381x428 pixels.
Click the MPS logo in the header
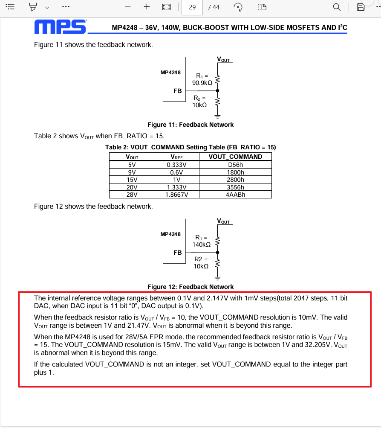tap(60, 26)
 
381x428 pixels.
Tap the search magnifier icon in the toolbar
tap(337, 7)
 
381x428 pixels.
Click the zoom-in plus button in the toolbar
tap(147, 7)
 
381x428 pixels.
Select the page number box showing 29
tap(192, 7)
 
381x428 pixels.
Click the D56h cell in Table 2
tap(235, 164)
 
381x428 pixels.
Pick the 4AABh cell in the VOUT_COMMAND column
tap(235, 195)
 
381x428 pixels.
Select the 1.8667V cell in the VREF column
tap(176, 195)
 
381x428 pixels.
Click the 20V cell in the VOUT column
tap(132, 187)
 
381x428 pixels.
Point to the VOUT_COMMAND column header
tap(235, 157)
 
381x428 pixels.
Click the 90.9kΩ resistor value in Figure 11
tap(202, 83)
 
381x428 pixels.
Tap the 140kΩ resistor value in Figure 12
tap(202, 245)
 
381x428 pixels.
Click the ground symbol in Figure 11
tap(217, 115)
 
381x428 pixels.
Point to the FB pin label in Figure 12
tap(177, 253)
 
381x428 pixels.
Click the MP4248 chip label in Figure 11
tap(170, 73)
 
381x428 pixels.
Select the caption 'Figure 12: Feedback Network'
tap(190, 287)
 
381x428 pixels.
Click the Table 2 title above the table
tap(190, 147)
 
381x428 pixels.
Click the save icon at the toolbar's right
tap(361, 7)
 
